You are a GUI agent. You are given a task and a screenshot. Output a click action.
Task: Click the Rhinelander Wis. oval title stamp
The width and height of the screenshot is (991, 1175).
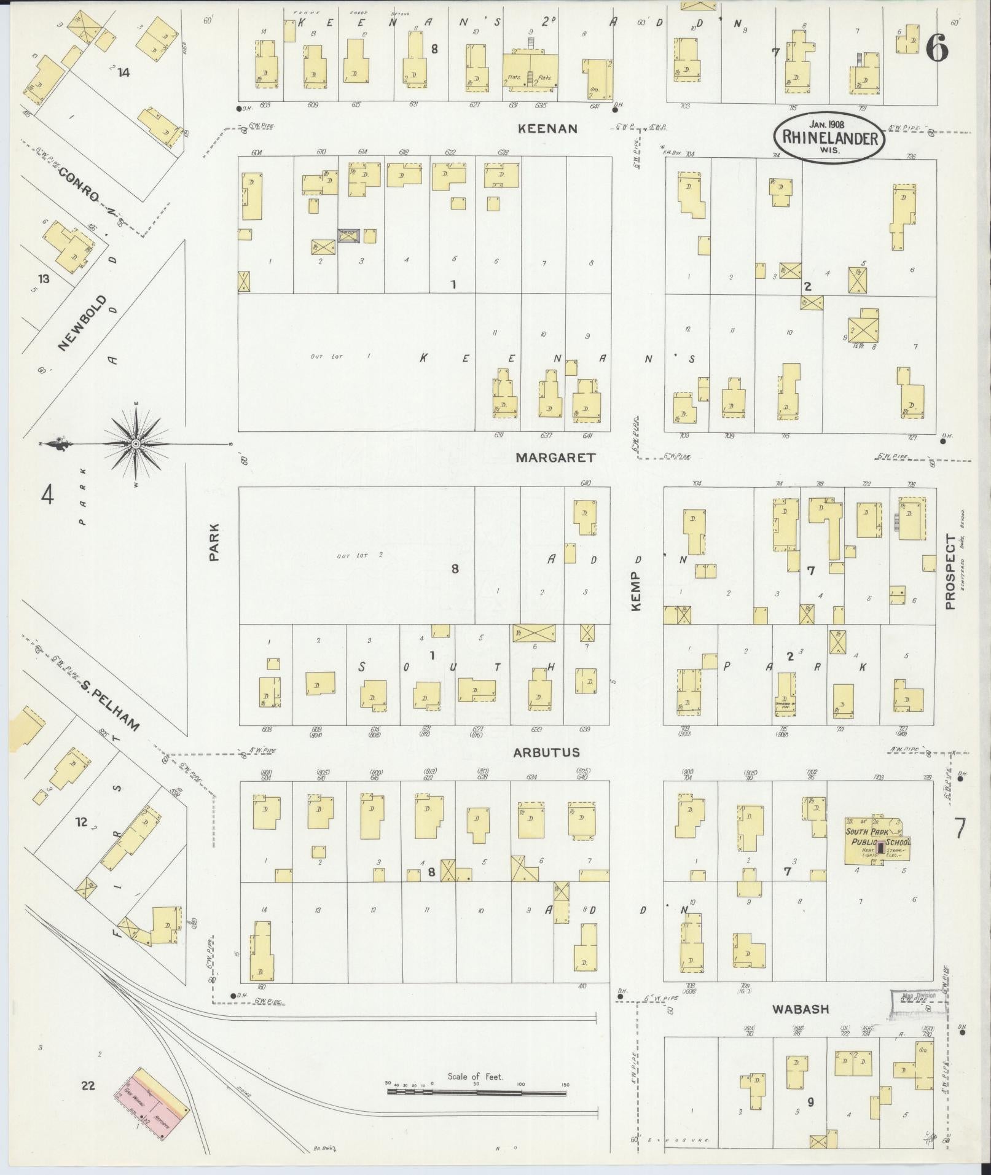(x=829, y=138)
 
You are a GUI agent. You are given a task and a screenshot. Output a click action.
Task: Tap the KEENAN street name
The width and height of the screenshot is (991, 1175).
(x=548, y=128)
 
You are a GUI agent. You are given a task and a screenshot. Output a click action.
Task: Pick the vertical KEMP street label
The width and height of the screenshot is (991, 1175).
(x=635, y=591)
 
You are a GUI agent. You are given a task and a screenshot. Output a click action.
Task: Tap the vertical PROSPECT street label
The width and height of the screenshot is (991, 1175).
(x=950, y=572)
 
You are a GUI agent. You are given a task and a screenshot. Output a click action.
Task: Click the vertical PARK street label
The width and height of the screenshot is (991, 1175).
(x=214, y=542)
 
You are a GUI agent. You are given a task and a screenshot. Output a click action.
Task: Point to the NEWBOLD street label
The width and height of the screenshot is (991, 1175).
(x=84, y=323)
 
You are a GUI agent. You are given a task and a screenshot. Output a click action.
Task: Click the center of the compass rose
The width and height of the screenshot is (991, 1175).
(x=136, y=443)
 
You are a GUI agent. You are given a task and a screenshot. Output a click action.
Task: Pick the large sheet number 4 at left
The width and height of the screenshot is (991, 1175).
(x=47, y=494)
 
